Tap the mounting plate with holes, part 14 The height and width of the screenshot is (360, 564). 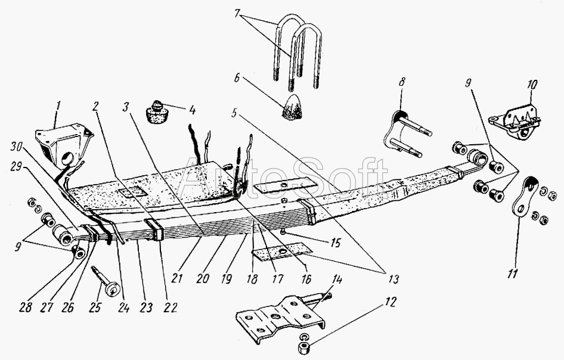pyautogui.click(x=280, y=319)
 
